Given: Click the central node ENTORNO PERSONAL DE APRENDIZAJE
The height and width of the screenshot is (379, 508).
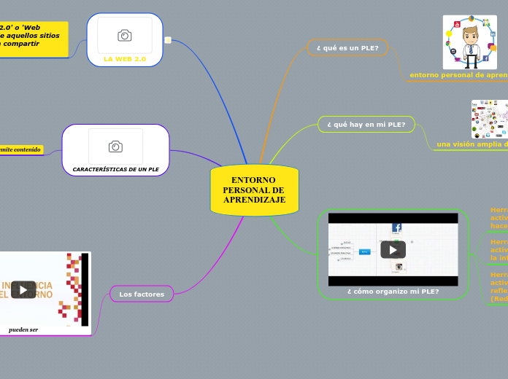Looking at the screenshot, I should [254, 190].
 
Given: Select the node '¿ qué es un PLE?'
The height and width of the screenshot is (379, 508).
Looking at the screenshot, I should [347, 47].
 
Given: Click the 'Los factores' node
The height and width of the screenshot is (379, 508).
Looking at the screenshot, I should [142, 294].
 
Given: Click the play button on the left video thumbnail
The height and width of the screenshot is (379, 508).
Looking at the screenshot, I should [23, 289].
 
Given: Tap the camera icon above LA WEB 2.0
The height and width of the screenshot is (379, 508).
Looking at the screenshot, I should [125, 36].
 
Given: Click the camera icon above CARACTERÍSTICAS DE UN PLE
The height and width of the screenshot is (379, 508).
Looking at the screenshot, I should [115, 146].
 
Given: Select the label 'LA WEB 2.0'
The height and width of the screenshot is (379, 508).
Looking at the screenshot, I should [125, 58].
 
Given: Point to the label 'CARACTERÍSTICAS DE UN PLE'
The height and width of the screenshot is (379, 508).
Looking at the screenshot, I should [115, 169].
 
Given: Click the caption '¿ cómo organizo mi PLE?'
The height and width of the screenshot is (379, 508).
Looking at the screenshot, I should [393, 291].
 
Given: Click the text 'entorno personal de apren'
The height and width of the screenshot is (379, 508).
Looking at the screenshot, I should [458, 74].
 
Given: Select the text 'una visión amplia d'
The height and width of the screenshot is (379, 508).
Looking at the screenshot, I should [472, 144].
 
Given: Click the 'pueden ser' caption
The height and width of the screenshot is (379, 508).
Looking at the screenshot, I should [23, 329].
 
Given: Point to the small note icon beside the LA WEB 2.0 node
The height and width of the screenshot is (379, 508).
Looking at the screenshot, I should [168, 40].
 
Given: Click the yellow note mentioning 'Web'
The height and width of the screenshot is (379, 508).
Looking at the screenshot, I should [33, 39].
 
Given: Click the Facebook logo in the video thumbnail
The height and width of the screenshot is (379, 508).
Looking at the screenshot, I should [397, 227].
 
